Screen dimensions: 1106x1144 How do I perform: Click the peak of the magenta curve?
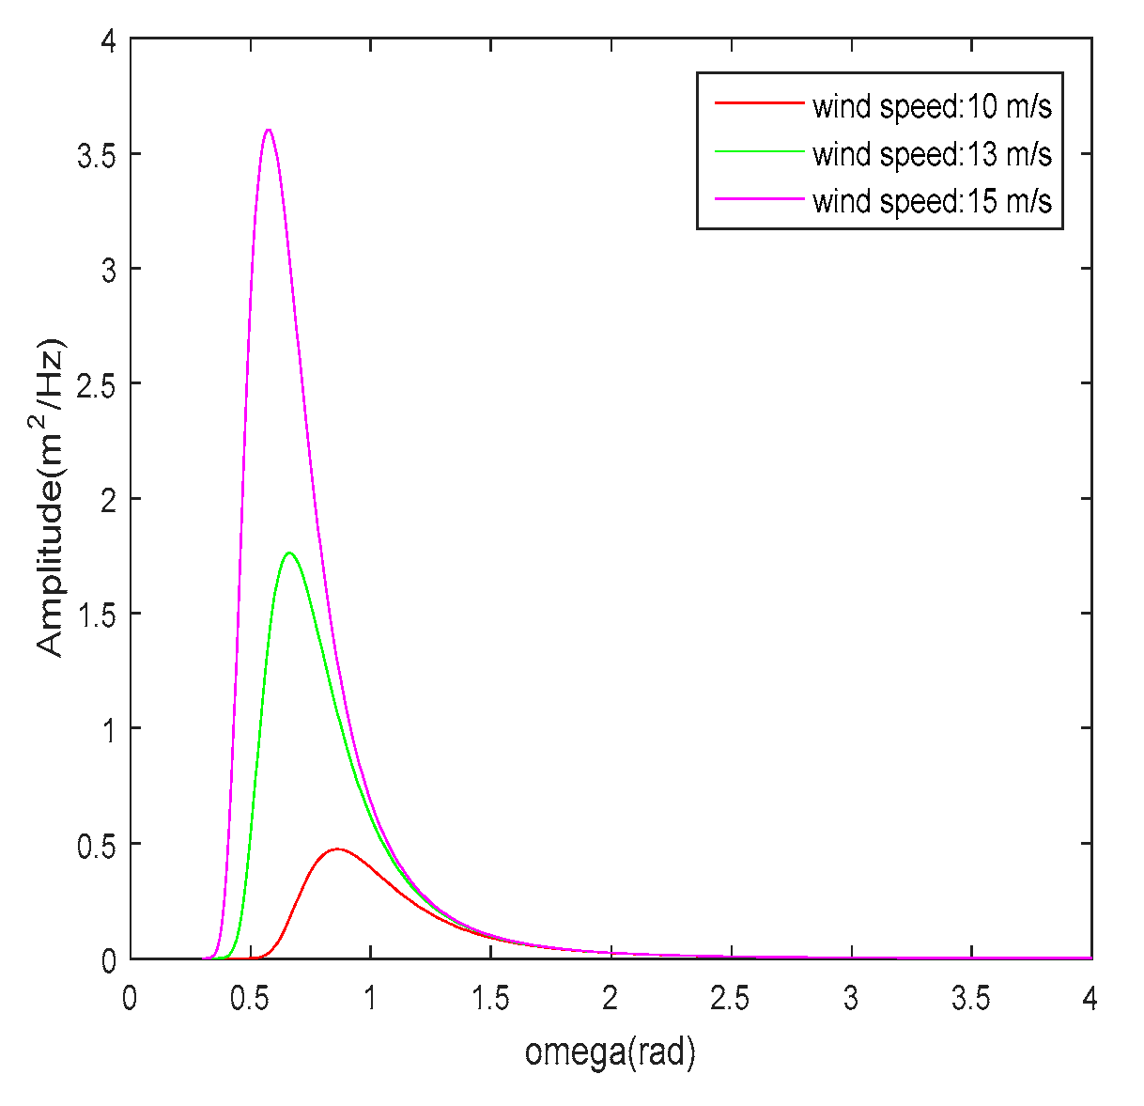click(x=269, y=130)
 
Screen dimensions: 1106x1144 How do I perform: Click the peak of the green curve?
click(x=288, y=553)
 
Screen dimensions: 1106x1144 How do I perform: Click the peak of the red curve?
click(x=336, y=849)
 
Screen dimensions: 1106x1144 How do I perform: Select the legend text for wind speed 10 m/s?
click(x=932, y=106)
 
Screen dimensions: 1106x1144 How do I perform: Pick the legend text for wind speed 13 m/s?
click(x=932, y=153)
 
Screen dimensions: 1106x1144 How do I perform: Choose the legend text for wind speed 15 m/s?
click(x=932, y=200)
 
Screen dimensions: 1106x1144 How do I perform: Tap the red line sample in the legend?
click(x=759, y=101)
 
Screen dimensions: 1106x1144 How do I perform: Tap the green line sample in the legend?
click(x=759, y=150)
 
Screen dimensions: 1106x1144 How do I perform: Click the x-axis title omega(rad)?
click(x=611, y=1051)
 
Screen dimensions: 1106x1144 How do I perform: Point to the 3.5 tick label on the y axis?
click(x=96, y=155)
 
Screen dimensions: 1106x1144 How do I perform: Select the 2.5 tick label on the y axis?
click(x=96, y=384)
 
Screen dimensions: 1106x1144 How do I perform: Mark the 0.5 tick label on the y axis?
click(x=96, y=844)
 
